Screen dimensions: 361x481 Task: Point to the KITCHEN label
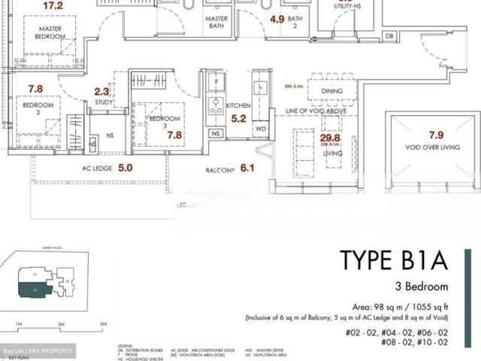pyautogui.click(x=238, y=107)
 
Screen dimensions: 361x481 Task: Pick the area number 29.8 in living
pyautogui.click(x=331, y=138)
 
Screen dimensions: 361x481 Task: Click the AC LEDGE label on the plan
pyautogui.click(x=97, y=169)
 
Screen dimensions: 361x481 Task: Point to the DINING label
pyautogui.click(x=331, y=92)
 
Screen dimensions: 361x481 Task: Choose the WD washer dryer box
pyautogui.click(x=261, y=129)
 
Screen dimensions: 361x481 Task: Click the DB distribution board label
pyautogui.click(x=389, y=36)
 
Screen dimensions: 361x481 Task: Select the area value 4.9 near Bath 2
pyautogui.click(x=277, y=20)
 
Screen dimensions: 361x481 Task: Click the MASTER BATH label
pyautogui.click(x=216, y=22)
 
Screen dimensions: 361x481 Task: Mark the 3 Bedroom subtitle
pyautogui.click(x=421, y=287)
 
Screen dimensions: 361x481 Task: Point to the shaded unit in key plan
pyautogui.click(x=37, y=287)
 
